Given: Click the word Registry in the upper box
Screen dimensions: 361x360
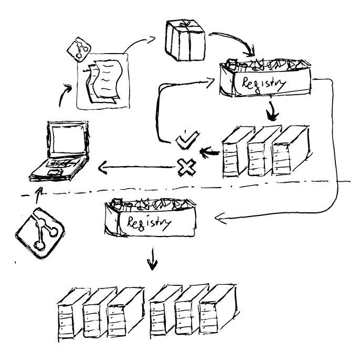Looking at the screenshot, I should point(262,84).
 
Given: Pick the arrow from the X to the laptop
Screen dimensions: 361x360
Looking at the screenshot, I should point(136,169).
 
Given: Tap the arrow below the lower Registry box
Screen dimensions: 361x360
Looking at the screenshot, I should point(152,260).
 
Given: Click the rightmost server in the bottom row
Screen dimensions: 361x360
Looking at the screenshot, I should point(215,313).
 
